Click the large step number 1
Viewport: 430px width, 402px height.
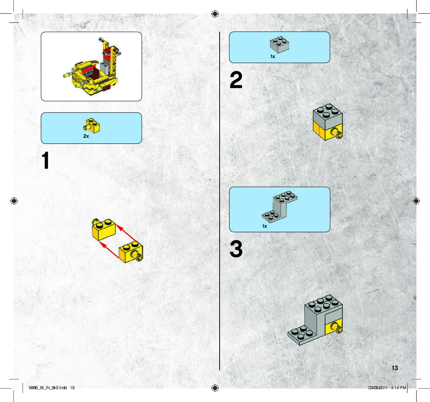46,160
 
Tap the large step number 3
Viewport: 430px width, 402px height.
236,249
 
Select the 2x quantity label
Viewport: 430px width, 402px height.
86,136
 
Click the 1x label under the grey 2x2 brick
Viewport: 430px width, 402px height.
273,56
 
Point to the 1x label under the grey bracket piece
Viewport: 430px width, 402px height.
265,226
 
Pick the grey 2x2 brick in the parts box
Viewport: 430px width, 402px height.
279,44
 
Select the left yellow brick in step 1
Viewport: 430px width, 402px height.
103,229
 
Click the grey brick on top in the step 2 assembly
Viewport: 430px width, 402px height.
328,116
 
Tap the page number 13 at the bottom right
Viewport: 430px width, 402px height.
395,368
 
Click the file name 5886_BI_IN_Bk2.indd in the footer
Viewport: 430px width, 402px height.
47,388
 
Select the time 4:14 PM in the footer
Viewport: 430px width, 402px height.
398,388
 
